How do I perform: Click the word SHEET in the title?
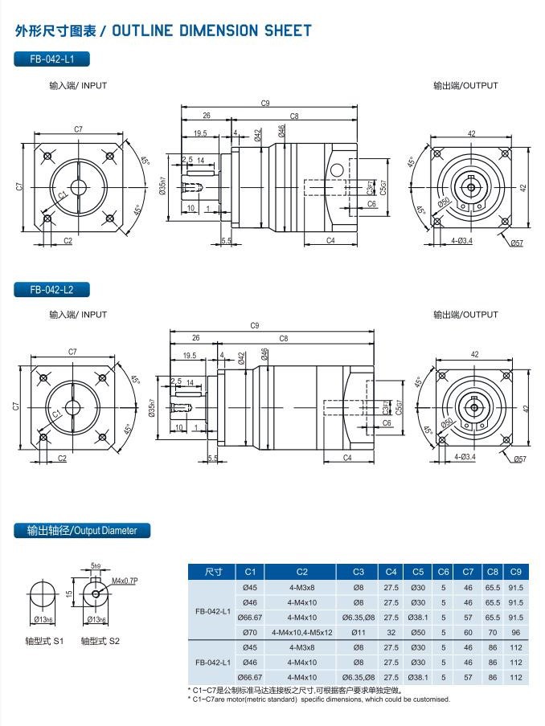(x=285, y=31)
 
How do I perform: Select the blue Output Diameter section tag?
(x=82, y=530)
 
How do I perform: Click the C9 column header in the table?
(x=515, y=572)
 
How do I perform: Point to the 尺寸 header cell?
(x=212, y=572)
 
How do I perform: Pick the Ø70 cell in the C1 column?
(x=249, y=632)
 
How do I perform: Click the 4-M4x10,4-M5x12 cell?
(x=301, y=632)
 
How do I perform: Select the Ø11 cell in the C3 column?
(x=359, y=632)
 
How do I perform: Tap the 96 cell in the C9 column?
(x=515, y=632)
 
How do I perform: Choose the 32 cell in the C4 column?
(x=391, y=632)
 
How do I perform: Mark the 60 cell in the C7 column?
(x=468, y=632)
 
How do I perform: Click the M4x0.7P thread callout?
(x=126, y=580)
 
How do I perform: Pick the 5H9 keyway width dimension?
(x=96, y=567)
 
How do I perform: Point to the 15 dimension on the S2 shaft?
(x=70, y=593)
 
